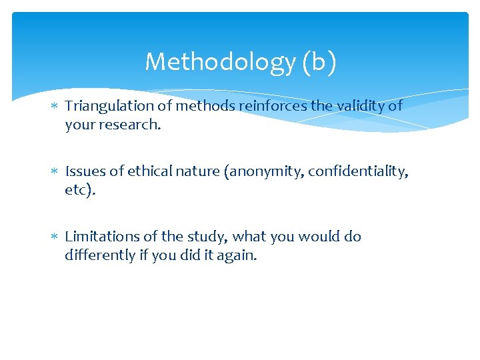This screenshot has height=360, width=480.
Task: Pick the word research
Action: coord(129,125)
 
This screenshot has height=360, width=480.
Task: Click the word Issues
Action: coord(85,171)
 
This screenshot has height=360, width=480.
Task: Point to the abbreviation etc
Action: coord(79,190)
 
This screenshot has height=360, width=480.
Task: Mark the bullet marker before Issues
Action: coord(56,172)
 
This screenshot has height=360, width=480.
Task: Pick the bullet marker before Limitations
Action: coord(56,237)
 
